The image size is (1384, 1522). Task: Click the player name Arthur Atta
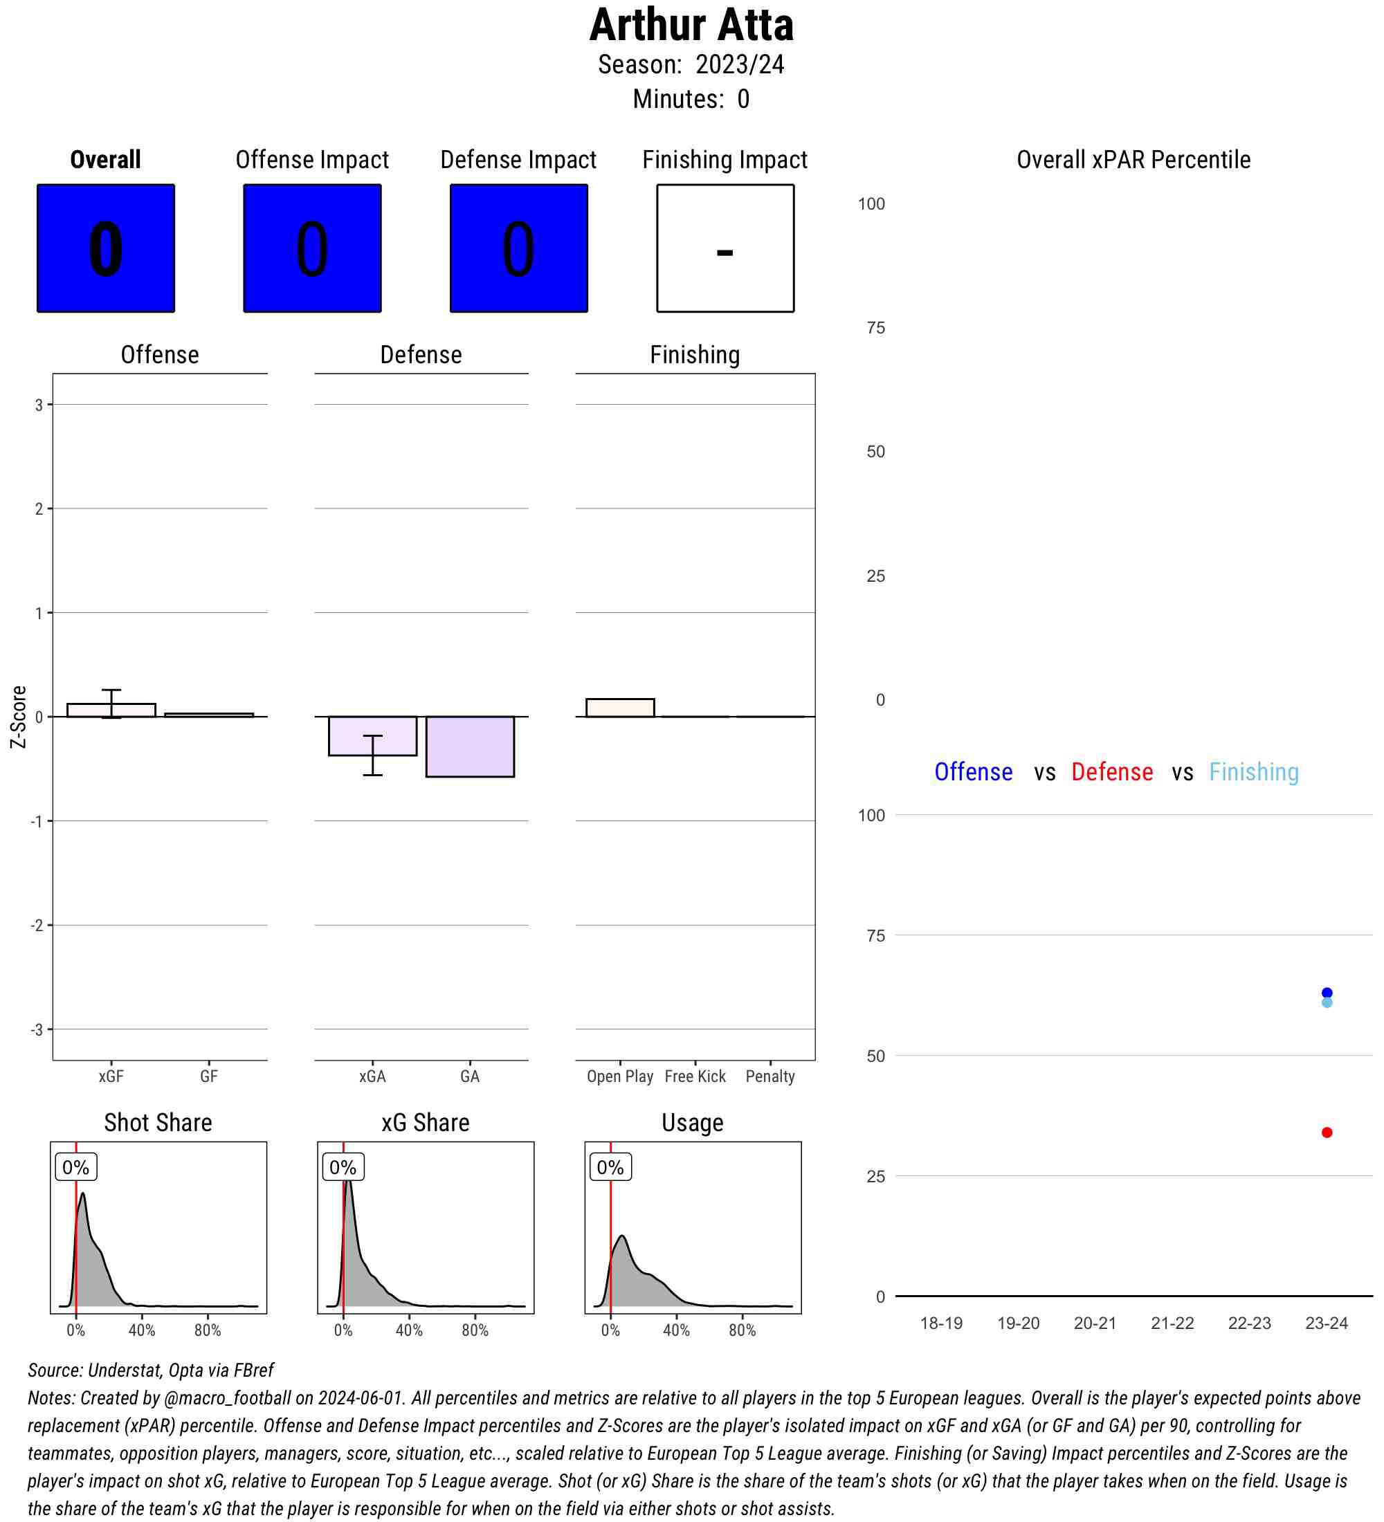(691, 25)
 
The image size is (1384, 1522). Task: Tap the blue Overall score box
(106, 248)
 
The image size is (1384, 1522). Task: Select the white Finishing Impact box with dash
(725, 248)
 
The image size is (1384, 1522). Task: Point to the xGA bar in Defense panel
(372, 736)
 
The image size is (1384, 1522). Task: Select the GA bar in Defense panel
(470, 746)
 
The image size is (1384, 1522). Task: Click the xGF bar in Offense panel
(111, 710)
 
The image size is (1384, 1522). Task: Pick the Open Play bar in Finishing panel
(620, 708)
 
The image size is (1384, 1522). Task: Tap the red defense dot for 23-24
(1327, 1133)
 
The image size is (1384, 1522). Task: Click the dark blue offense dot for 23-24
(1327, 993)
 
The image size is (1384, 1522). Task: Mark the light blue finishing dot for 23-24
(1327, 1003)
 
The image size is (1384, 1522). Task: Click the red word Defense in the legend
(1111, 772)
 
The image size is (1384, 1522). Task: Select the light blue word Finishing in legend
(1253, 772)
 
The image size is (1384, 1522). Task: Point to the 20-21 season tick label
(1095, 1323)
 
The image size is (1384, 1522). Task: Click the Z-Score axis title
(19, 717)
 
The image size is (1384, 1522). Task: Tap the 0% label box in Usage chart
(610, 1168)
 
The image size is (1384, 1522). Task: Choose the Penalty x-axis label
(770, 1076)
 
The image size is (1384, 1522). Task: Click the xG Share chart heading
(425, 1124)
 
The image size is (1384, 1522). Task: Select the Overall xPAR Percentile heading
(1133, 160)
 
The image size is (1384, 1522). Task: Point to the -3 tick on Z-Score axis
(37, 1029)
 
